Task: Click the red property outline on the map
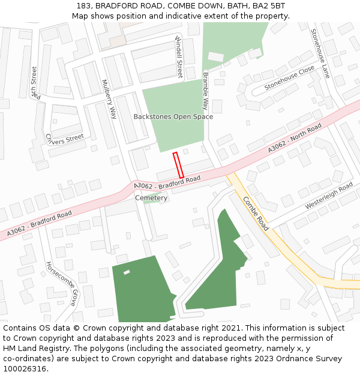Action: [178, 165]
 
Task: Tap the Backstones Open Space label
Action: [173, 116]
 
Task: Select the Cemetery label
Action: [151, 198]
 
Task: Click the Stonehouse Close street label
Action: [289, 77]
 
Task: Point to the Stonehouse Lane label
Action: [320, 53]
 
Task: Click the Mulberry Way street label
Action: [109, 100]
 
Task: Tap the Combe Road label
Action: [256, 214]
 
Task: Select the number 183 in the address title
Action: [84, 6]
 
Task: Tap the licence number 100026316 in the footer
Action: [26, 368]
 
